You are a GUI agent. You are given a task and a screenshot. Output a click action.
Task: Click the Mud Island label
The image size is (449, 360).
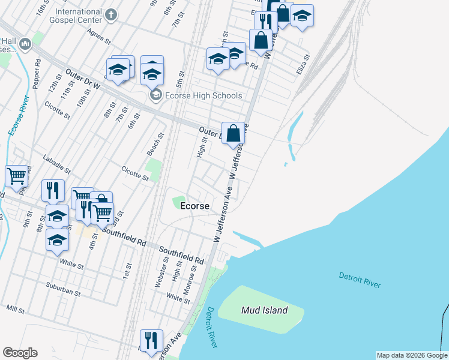(264, 310)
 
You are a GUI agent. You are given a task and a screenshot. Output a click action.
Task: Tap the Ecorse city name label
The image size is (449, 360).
(195, 206)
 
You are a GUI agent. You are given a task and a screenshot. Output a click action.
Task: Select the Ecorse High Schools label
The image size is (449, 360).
(204, 95)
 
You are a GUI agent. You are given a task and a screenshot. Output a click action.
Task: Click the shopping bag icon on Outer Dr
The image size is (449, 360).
(233, 133)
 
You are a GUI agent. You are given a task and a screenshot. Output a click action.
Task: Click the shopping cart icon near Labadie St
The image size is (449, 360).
(16, 176)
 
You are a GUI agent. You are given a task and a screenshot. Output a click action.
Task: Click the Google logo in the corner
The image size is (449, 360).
(20, 353)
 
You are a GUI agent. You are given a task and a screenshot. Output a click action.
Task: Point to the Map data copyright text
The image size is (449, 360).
(412, 355)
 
